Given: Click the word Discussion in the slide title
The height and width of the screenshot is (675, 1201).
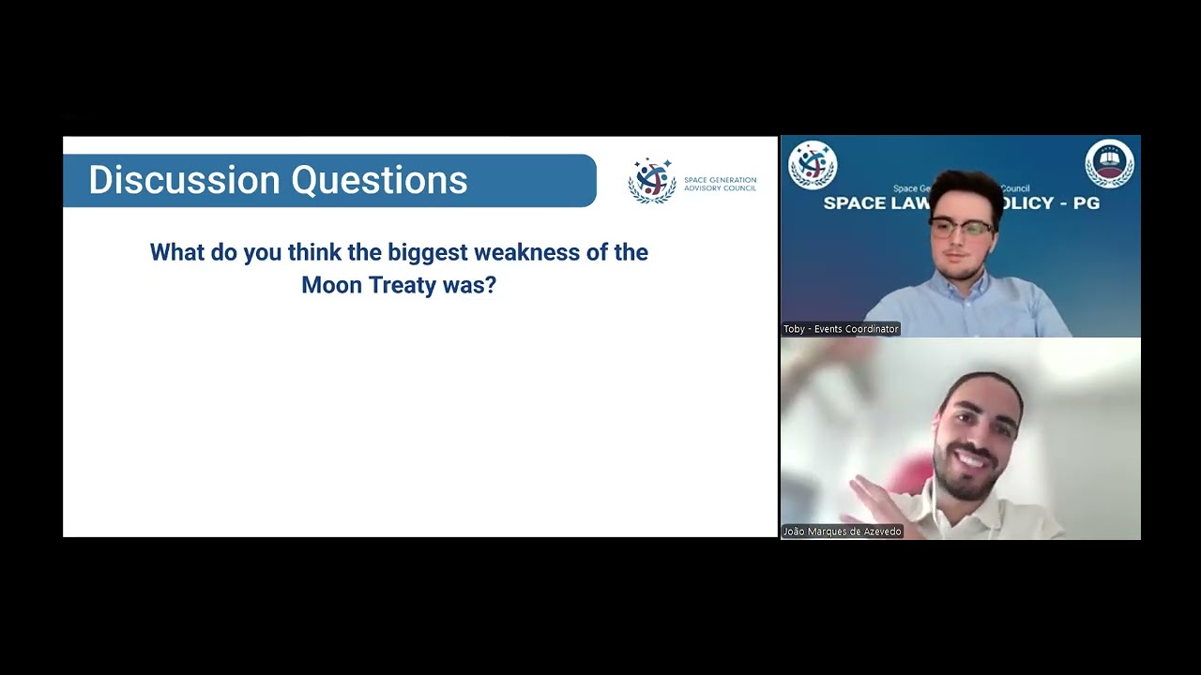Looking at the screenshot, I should pyautogui.click(x=184, y=180).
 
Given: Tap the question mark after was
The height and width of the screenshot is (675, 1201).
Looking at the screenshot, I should pyautogui.click(x=490, y=285).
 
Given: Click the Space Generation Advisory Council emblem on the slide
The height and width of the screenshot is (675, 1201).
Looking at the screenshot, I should pyautogui.click(x=651, y=180).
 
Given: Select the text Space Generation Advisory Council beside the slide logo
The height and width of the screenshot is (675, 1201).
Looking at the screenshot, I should pyautogui.click(x=720, y=184).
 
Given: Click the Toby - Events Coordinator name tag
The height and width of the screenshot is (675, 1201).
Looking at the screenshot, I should pyautogui.click(x=841, y=329).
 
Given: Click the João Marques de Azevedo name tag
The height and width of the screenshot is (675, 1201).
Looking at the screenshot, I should pyautogui.click(x=843, y=532).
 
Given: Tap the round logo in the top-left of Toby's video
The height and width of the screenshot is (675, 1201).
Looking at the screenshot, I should pyautogui.click(x=812, y=164).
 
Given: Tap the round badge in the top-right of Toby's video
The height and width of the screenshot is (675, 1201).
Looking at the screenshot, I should pyautogui.click(x=1109, y=164).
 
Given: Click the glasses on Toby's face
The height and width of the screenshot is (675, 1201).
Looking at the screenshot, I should pyautogui.click(x=961, y=227).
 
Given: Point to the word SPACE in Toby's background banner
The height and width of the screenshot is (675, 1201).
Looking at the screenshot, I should pyautogui.click(x=851, y=203).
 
